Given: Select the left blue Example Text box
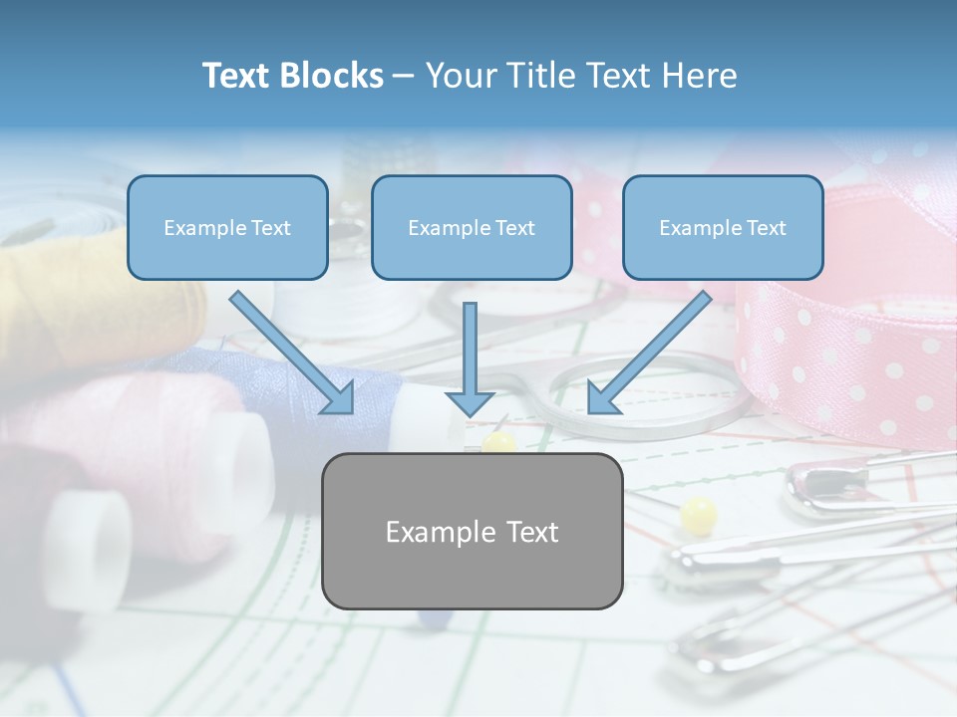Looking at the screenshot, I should tap(227, 228).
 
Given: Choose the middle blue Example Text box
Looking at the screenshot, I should tap(472, 228).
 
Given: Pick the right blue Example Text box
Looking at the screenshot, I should tap(723, 228).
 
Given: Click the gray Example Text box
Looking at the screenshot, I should tap(472, 531).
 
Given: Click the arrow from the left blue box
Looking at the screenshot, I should tap(292, 352).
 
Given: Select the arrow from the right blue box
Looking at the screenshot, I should tap(649, 352).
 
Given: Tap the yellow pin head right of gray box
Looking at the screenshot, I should tap(699, 515).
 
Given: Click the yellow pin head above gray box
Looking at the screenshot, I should tap(498, 441).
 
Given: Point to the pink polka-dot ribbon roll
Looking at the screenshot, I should tap(847, 339).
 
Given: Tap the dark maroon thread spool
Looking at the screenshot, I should tap(40, 518).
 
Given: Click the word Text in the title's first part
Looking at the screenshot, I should tap(237, 76).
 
